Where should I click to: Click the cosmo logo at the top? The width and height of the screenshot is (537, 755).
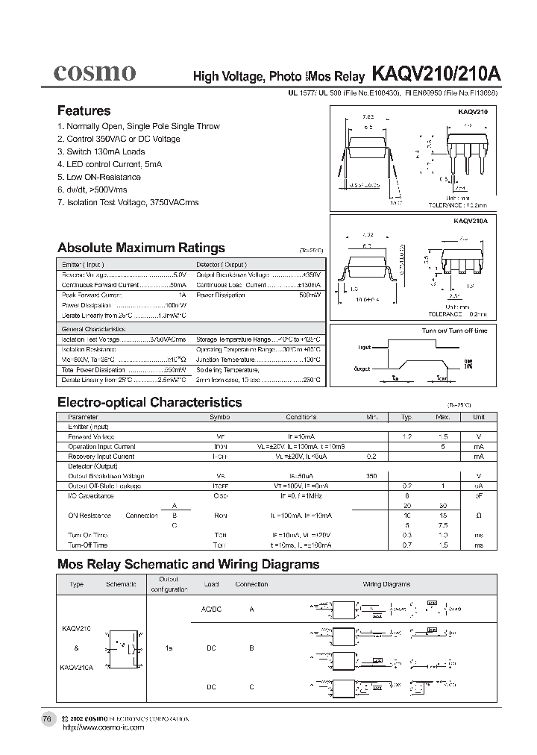coord(94,72)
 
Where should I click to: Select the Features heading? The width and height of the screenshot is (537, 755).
coord(84,110)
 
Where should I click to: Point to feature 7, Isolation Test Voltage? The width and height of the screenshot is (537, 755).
coord(128,202)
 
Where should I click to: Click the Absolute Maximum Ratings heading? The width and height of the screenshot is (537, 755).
coord(141,248)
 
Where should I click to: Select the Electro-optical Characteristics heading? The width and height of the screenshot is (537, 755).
coord(149,402)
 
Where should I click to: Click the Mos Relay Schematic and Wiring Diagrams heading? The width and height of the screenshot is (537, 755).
coord(188,564)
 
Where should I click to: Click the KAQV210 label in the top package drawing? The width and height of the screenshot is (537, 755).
coord(472,110)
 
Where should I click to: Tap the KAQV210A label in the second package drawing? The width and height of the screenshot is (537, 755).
coord(470,221)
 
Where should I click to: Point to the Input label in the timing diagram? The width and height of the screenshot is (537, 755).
coord(364,347)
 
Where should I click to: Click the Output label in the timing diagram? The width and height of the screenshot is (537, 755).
coord(362,369)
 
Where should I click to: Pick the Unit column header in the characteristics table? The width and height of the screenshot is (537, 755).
coord(478,417)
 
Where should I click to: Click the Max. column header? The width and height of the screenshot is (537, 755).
coord(442,417)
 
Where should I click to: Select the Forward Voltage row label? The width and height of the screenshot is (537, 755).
coord(92,436)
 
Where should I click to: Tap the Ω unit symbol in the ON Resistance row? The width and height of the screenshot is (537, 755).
coord(478,516)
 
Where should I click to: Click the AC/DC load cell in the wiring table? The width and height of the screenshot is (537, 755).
coord(212,609)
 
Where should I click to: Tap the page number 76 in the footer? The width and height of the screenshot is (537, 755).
coord(47,718)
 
